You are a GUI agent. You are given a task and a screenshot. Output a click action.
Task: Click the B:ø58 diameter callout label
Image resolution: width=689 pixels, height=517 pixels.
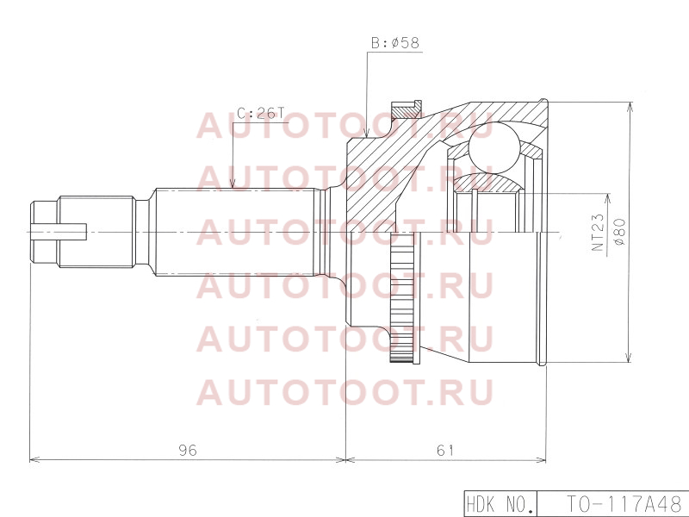395,43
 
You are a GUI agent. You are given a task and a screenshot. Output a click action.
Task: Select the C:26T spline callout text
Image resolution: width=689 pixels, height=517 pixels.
260,114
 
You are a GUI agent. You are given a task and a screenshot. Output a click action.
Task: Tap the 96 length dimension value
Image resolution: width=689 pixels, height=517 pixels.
188,450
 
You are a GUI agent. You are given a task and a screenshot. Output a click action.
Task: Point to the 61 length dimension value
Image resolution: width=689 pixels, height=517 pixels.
445,450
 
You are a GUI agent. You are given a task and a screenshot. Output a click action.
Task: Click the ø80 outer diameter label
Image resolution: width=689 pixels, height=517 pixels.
620,232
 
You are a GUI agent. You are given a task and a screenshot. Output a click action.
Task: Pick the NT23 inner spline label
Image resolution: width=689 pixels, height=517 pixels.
598,233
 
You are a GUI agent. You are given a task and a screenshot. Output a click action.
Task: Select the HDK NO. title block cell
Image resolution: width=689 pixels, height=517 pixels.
501,504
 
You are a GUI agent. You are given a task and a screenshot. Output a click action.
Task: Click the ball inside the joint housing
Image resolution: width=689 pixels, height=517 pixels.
493,148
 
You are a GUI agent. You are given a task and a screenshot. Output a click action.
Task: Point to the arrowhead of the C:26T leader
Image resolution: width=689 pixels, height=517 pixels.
232,184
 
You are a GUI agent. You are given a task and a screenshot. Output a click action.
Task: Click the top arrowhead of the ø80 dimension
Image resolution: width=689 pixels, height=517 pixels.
630,107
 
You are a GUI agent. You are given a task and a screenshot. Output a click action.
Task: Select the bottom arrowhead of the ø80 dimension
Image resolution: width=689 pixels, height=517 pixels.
630,357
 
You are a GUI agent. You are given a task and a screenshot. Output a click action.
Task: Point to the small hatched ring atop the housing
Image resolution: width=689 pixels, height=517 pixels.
405,109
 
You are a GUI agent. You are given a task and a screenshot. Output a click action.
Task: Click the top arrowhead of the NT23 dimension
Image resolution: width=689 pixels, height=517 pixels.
608,199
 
